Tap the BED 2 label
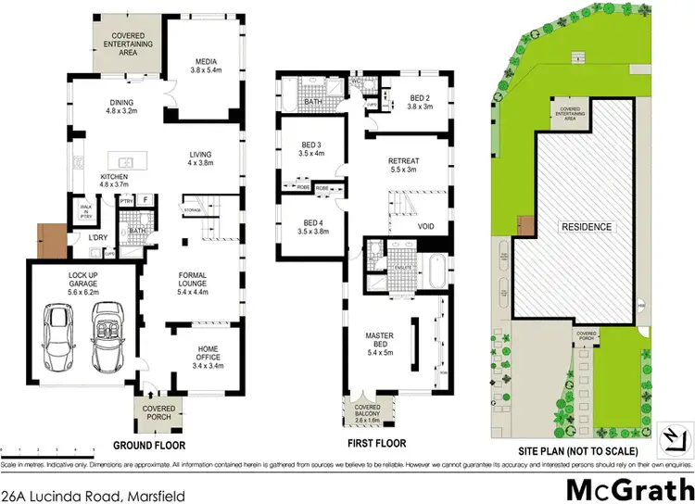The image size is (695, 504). click(420, 99)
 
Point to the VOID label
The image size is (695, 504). click(427, 224)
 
